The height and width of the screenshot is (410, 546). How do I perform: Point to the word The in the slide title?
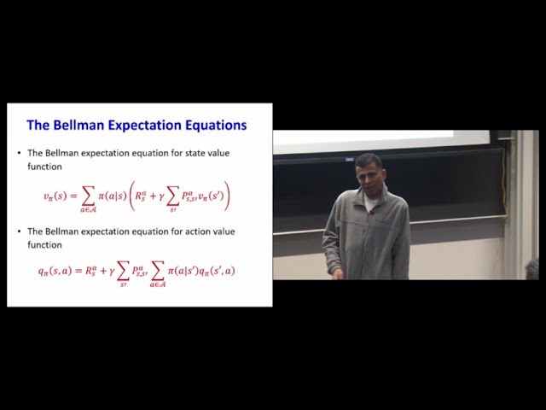[x=38, y=125]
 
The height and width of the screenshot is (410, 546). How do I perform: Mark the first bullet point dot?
[x=19, y=153]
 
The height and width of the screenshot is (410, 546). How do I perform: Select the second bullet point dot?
[x=19, y=231]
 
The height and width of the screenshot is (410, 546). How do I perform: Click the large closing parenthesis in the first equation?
[x=228, y=195]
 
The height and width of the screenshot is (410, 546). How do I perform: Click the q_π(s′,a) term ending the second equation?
[x=217, y=271]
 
